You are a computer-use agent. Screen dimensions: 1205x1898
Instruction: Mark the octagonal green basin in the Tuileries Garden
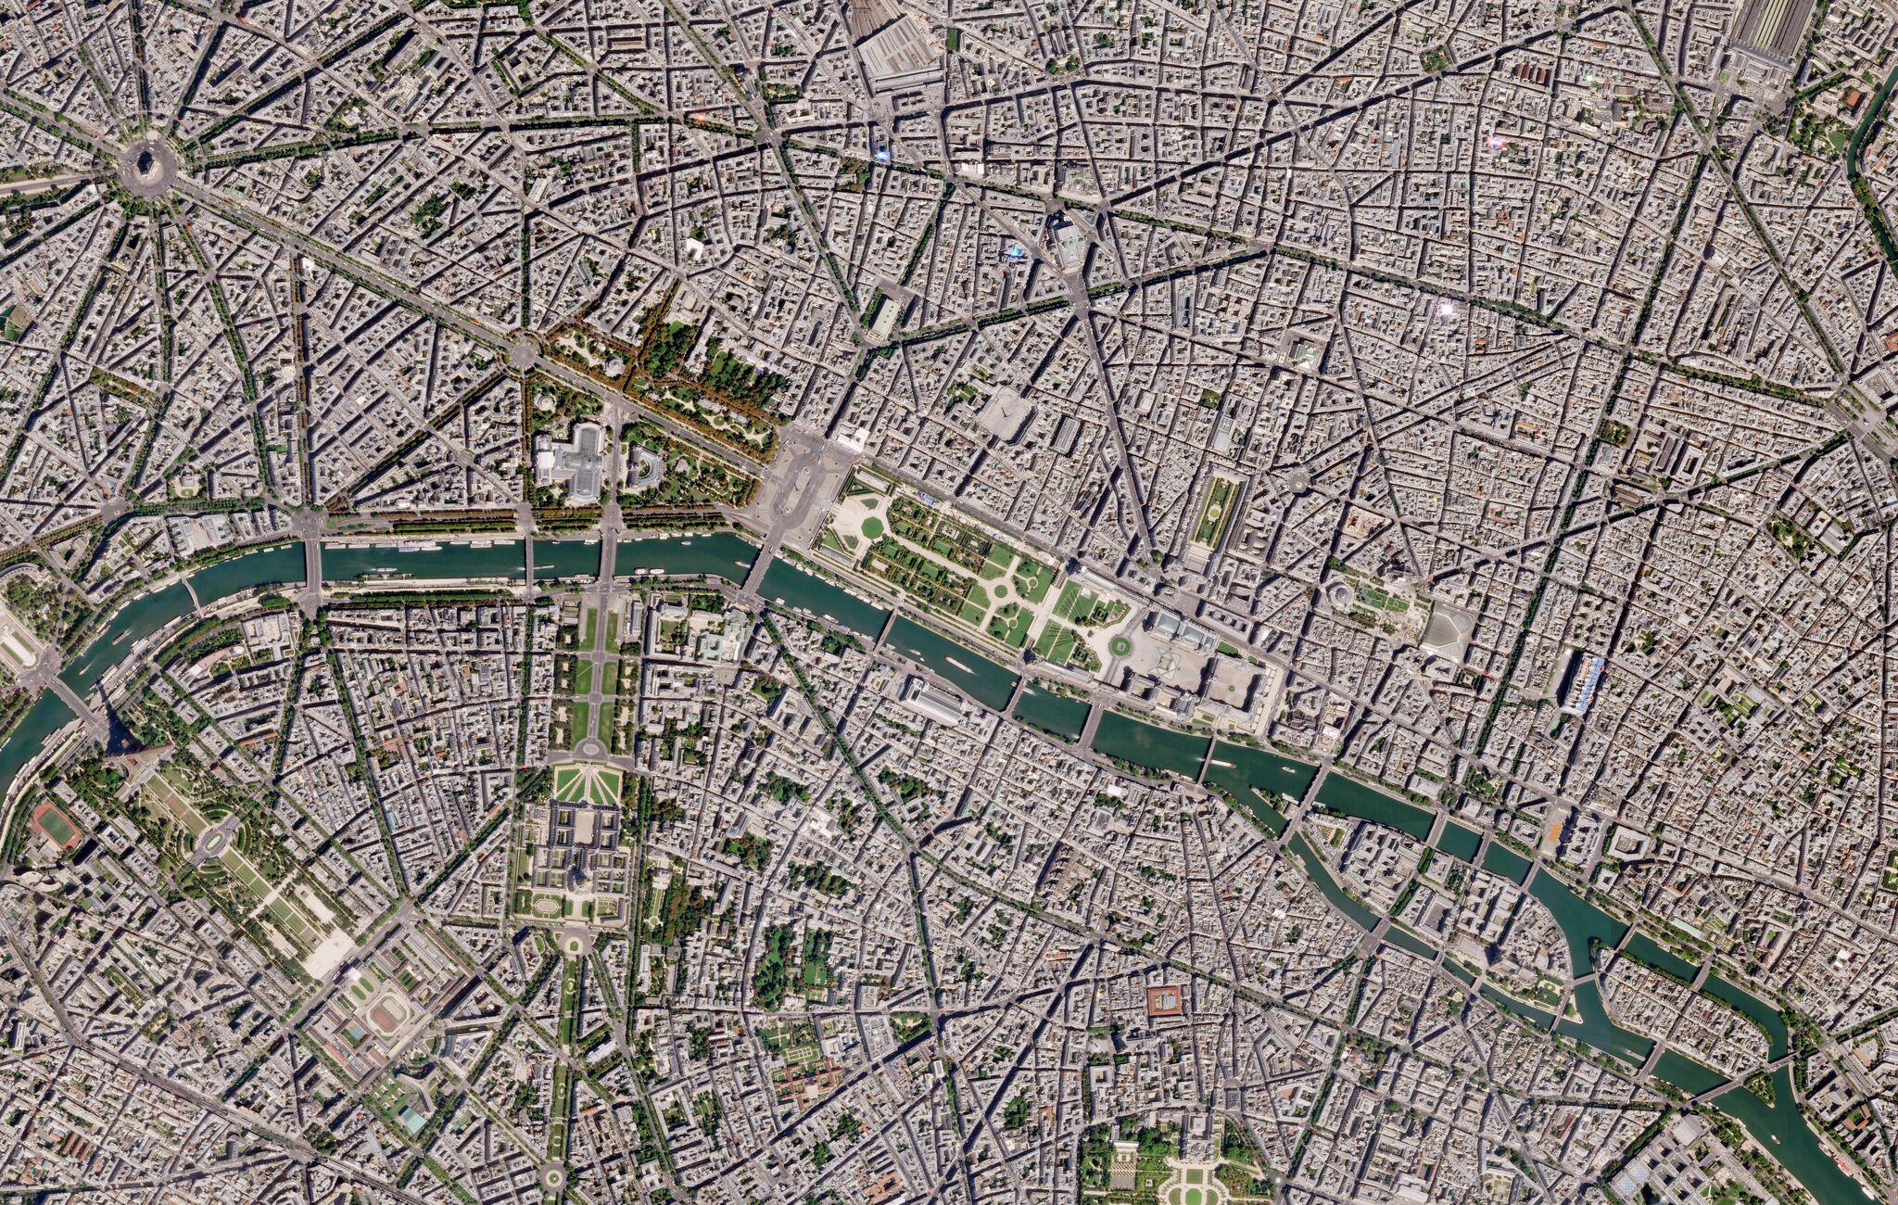coord(871,527)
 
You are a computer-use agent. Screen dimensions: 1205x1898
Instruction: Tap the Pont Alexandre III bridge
coord(608,556)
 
